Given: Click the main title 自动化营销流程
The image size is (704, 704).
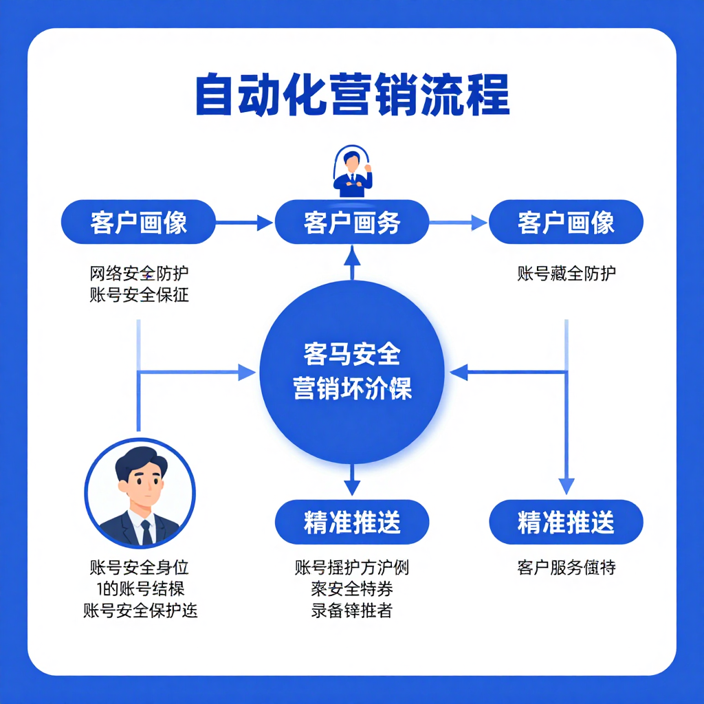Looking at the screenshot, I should (352, 96).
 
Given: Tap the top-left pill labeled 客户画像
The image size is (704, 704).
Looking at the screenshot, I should (138, 223).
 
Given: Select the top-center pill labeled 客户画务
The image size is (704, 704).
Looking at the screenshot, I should (352, 223).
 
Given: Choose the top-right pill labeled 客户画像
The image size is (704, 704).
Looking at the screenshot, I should (566, 223).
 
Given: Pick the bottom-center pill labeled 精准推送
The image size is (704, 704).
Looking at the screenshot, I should (352, 522).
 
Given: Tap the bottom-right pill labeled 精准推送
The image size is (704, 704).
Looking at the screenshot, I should (566, 522).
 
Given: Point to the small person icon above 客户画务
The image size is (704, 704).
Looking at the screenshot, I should (352, 172).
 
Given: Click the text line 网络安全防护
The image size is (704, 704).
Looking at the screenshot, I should (139, 274).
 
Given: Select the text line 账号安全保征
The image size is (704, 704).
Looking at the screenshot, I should (139, 296).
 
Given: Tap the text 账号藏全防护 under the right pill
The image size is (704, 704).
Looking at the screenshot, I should (566, 274).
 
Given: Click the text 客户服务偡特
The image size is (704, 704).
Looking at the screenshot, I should (566, 568).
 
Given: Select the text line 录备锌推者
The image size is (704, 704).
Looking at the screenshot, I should (351, 610).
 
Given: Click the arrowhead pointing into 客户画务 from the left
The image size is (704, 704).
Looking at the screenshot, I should (265, 223).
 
